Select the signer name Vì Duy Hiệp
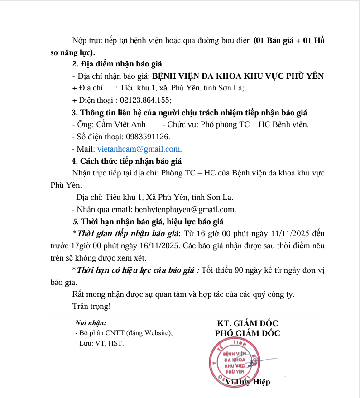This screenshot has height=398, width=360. pos(247,382)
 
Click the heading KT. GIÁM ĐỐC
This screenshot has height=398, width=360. pos(247,323)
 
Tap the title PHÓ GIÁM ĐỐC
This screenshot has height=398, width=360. pos(247,333)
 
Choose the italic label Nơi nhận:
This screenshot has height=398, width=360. pos(91,323)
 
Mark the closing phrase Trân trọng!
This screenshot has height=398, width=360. pos(91,306)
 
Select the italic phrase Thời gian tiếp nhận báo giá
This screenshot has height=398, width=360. pos(129,234)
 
